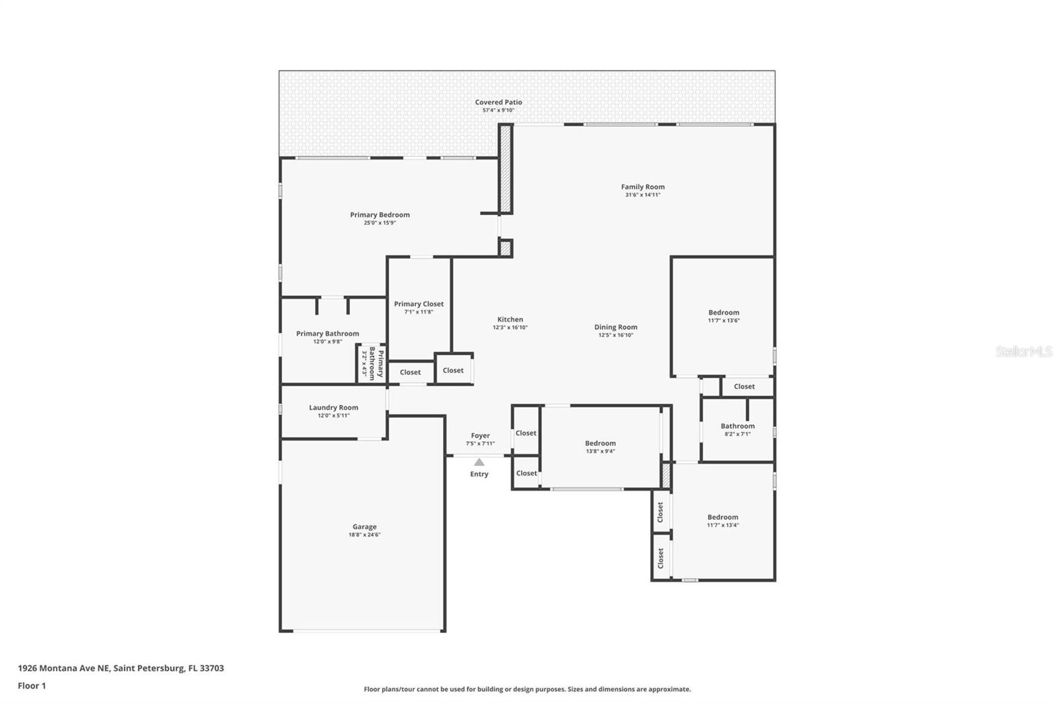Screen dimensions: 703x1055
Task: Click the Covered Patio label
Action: (x=498, y=102)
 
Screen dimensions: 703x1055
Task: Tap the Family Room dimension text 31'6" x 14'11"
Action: (x=642, y=195)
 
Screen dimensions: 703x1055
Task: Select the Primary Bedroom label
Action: (x=380, y=215)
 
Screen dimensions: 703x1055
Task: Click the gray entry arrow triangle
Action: (x=479, y=462)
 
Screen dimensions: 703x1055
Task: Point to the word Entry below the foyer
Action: (x=479, y=474)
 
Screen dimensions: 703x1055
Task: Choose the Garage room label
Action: (x=364, y=527)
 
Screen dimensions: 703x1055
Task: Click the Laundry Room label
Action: (x=334, y=408)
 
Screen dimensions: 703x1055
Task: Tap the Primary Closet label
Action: (x=419, y=304)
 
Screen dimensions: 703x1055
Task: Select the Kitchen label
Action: (x=510, y=320)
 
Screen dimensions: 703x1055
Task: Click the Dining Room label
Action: (x=615, y=327)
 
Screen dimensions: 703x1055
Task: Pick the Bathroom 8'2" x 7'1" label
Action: (x=737, y=427)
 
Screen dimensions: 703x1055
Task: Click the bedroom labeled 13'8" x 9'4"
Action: (x=600, y=444)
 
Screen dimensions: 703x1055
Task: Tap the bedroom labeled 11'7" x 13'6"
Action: (x=723, y=313)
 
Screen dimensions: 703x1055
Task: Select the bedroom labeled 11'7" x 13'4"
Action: (x=723, y=518)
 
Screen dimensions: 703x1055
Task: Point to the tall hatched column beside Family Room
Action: (x=505, y=168)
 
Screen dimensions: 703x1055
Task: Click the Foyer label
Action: (x=480, y=436)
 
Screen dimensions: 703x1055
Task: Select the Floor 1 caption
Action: (x=32, y=686)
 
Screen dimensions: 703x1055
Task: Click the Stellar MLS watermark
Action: (x=1023, y=351)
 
